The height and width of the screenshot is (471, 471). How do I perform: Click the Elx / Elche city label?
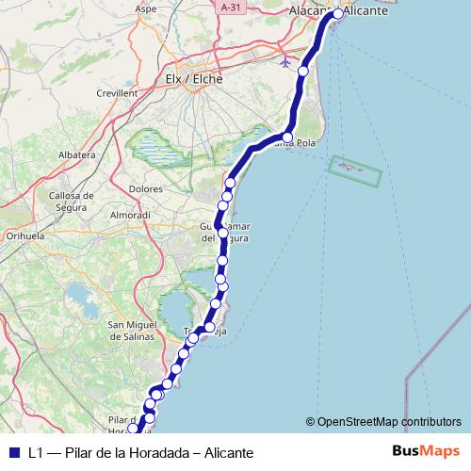point(193,79)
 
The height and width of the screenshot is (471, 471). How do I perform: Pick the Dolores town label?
point(146,188)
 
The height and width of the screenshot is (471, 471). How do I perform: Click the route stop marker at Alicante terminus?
point(339,14)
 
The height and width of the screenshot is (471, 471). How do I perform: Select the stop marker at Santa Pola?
point(288,138)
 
